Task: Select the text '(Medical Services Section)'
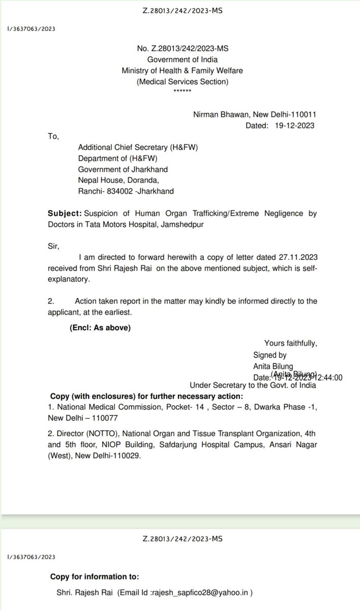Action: click(x=183, y=81)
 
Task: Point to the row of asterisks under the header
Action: click(x=183, y=90)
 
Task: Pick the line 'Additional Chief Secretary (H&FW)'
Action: click(x=137, y=147)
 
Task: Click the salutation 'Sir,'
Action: click(x=53, y=247)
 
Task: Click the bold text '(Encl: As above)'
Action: click(x=100, y=328)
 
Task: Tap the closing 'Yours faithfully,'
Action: click(x=290, y=344)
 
